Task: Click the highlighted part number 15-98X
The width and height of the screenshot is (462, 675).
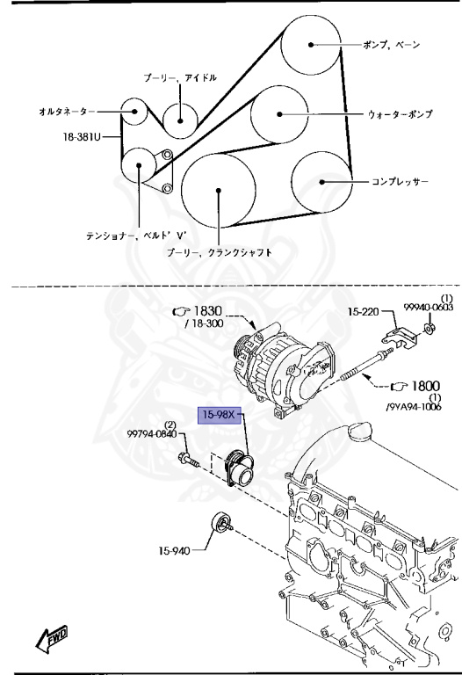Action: [220, 414]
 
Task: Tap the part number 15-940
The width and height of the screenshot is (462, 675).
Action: [175, 551]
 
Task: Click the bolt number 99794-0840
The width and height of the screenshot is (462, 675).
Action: [153, 434]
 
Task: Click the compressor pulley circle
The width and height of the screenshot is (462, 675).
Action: [321, 182]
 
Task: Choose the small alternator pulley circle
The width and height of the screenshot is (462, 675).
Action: [134, 112]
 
